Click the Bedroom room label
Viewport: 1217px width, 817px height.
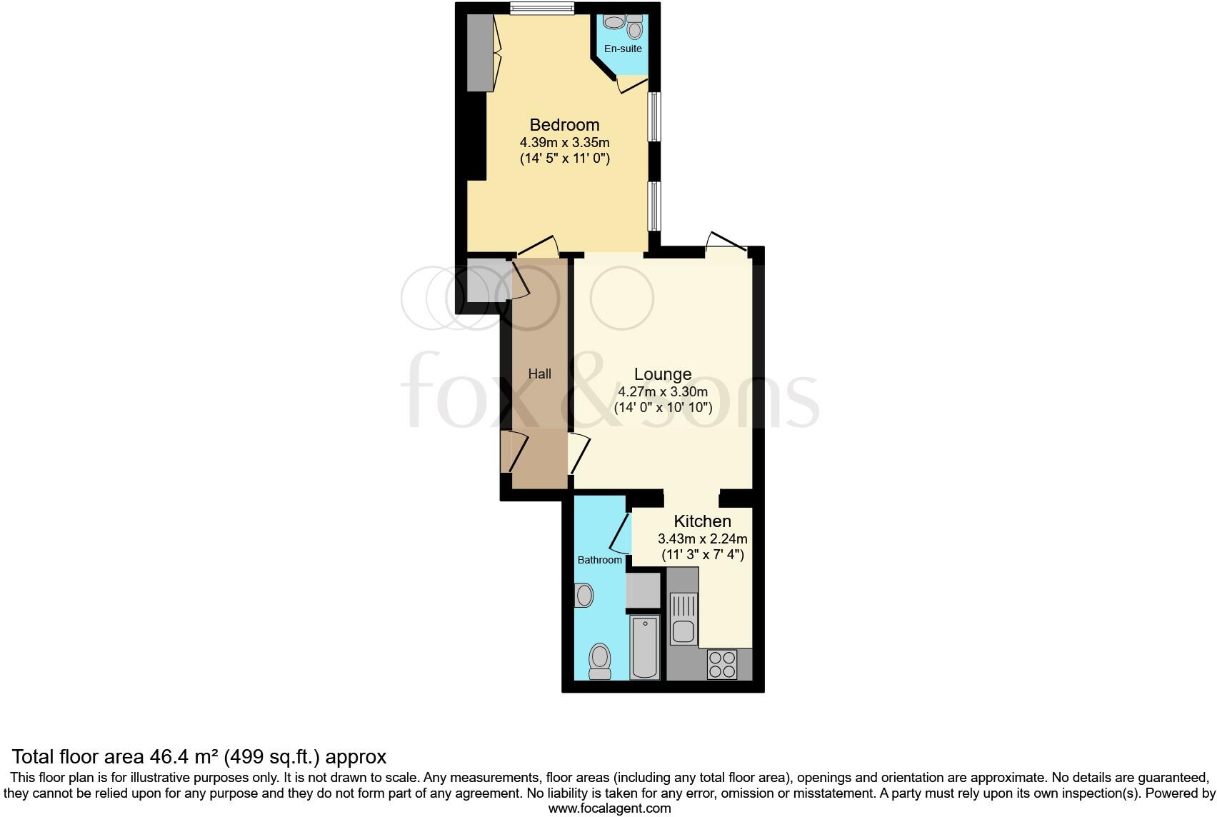coord(564,125)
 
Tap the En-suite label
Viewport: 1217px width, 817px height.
coord(623,49)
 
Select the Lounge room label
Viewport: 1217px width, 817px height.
coord(663,374)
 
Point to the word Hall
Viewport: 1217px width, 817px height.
coord(539,374)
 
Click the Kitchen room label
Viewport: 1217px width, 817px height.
coord(702,521)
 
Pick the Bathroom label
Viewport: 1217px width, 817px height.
coord(599,560)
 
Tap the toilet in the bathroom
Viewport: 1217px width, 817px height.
coord(599,661)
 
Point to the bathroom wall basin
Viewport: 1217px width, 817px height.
coord(584,595)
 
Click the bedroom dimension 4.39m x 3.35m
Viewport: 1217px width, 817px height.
coord(564,142)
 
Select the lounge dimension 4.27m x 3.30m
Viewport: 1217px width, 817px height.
coord(663,391)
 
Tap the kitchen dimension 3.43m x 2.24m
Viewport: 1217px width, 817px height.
coord(702,538)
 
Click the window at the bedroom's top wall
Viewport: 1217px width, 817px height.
coord(542,8)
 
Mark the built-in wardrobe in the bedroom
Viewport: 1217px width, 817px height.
coord(481,54)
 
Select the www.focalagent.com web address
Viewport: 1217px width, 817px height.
coord(608,808)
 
